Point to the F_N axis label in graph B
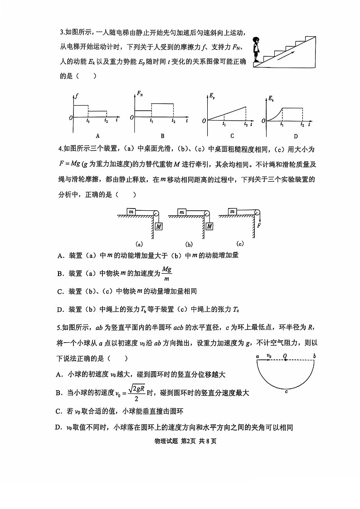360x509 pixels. [x=140, y=93]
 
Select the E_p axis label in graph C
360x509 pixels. [x=211, y=95]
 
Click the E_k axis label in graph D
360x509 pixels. [x=271, y=98]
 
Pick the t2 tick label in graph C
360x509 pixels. [x=246, y=124]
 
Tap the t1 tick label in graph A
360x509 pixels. [x=88, y=121]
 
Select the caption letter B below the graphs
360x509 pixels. [x=162, y=136]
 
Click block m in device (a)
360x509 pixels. [x=131, y=211]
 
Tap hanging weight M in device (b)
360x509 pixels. [x=209, y=226]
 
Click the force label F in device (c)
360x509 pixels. [x=259, y=225]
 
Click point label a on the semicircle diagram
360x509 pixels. [x=257, y=356]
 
